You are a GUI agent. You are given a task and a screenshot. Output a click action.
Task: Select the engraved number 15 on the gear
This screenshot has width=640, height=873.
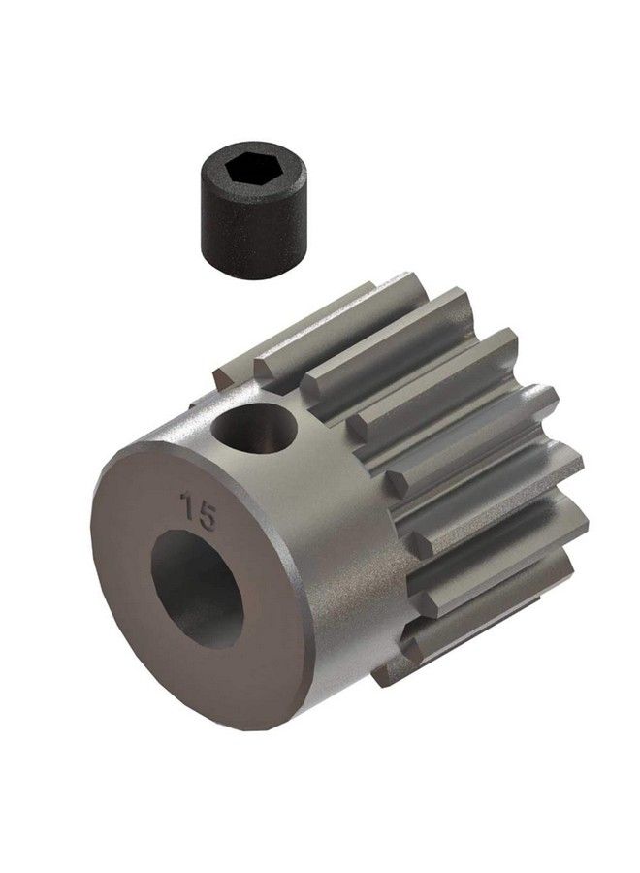point(197,510)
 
